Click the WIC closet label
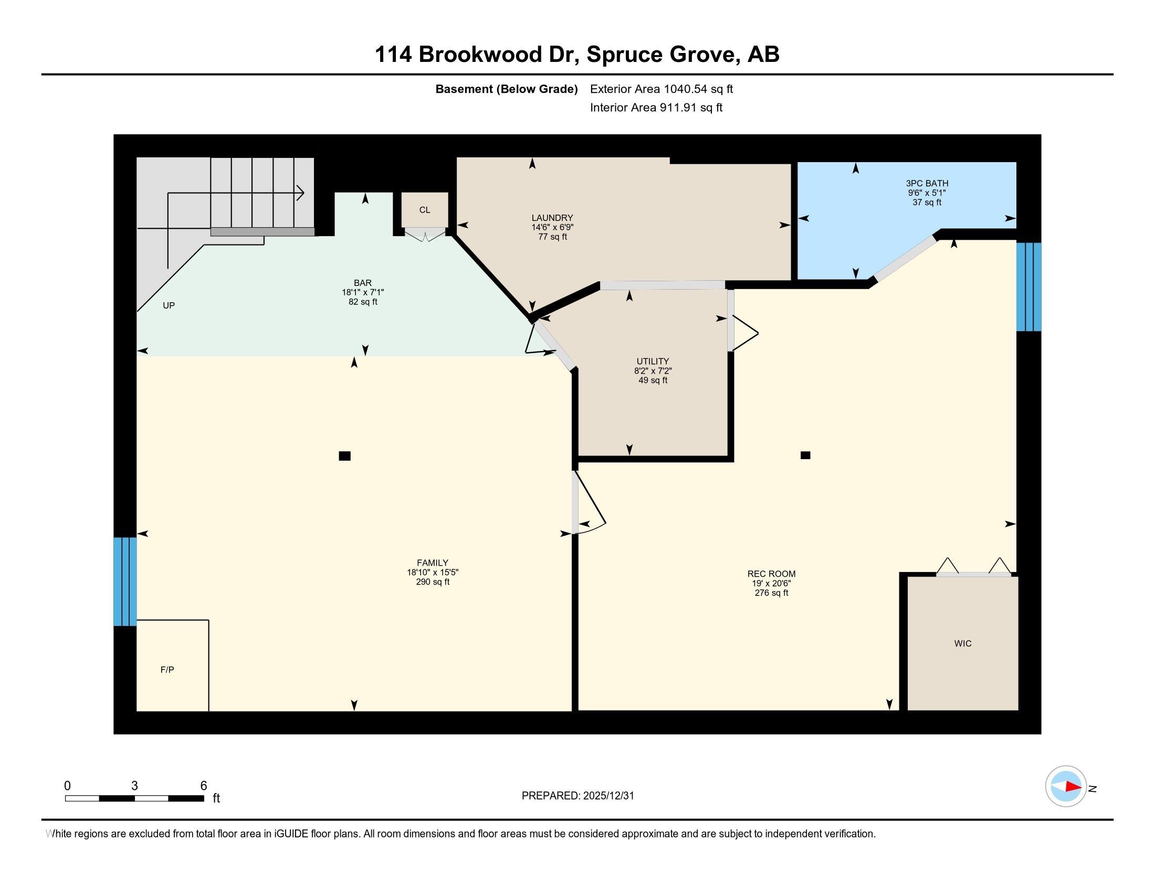point(962,643)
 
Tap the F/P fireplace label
point(167,670)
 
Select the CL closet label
point(425,210)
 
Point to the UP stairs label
point(169,305)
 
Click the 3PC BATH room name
point(927,183)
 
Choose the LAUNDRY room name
point(552,218)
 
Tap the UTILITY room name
point(653,362)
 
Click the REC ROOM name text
point(771,574)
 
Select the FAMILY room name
point(432,563)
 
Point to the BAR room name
point(363,283)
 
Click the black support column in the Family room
point(344,455)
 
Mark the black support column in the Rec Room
point(805,455)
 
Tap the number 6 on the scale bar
point(204,786)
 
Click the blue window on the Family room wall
point(125,581)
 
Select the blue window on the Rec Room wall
point(1028,287)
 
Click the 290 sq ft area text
point(433,582)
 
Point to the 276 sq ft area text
point(771,592)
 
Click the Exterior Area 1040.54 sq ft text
point(661,89)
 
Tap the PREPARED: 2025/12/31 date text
point(577,795)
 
